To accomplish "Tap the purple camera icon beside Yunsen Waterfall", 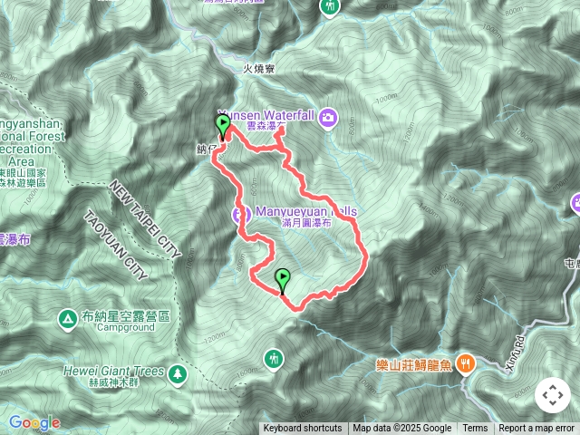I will coord(327,117).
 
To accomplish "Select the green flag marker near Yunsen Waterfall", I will coord(222,126).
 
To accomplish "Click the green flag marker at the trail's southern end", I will coord(282,280).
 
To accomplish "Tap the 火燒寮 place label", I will coord(258,69).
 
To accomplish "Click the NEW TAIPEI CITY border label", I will coord(145,217).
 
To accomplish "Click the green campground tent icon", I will coord(67,318).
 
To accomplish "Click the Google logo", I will coord(34,422).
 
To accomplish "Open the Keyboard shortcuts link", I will coord(303,429).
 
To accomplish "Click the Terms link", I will coord(475,429).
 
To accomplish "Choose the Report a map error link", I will coord(536,429).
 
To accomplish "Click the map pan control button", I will coord(552,396).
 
